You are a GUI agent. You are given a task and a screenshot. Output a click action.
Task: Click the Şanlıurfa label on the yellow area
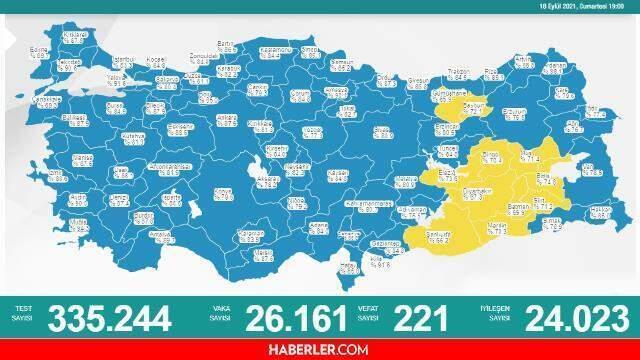436,239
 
